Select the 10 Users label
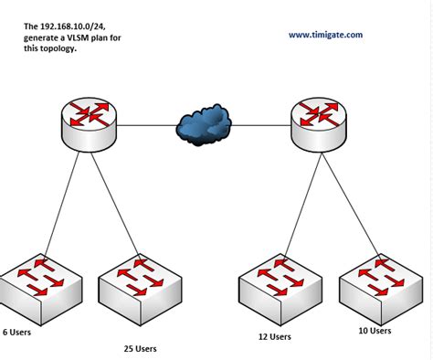tap(374, 331)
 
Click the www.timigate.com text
tap(325, 35)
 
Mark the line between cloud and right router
tap(261, 123)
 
